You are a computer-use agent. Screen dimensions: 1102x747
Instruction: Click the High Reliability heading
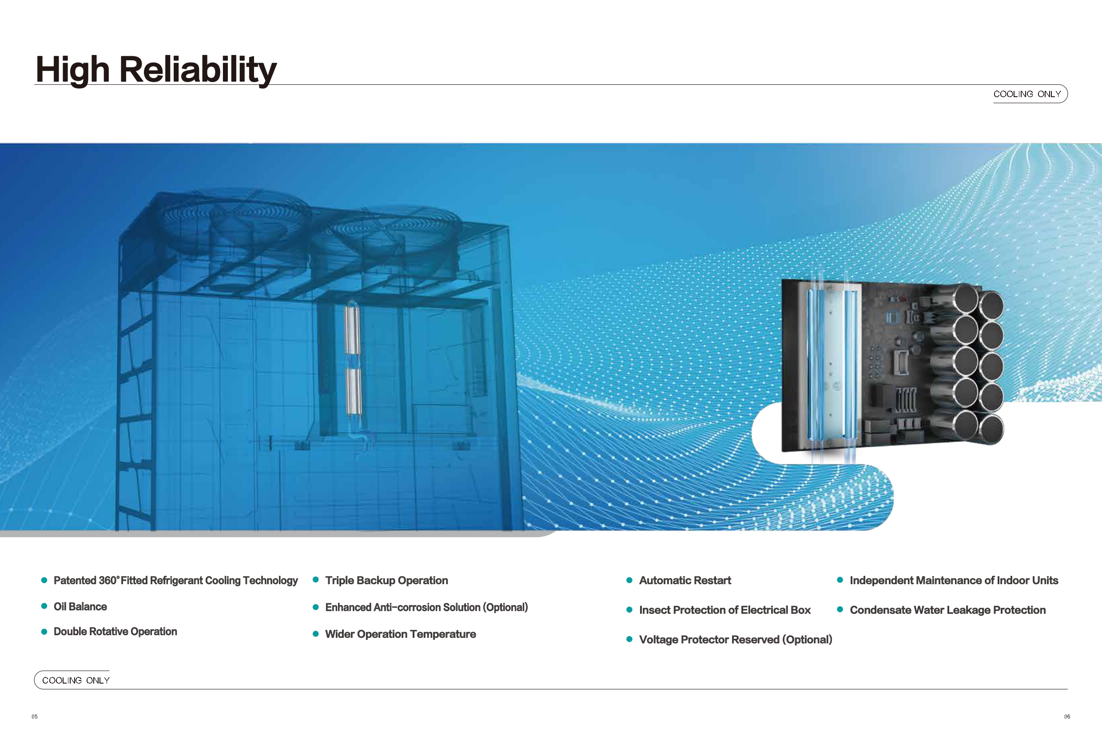click(x=156, y=70)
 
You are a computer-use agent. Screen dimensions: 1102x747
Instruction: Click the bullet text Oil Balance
click(x=80, y=606)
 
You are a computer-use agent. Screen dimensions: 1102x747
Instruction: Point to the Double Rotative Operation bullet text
click(x=115, y=631)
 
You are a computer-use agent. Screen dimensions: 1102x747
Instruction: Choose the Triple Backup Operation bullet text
click(x=386, y=580)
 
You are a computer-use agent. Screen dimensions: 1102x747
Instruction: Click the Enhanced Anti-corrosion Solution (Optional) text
click(x=426, y=607)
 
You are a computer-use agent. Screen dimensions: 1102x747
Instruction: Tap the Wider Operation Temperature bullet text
click(x=400, y=634)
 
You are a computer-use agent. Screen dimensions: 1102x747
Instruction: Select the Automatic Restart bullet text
click(x=685, y=580)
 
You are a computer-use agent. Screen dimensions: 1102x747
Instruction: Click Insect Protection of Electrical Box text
click(x=724, y=609)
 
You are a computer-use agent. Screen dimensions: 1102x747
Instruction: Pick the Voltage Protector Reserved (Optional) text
click(x=736, y=640)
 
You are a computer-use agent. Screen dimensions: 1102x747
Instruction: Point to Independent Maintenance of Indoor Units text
click(x=954, y=580)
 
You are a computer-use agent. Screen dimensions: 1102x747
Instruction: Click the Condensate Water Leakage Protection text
click(x=947, y=609)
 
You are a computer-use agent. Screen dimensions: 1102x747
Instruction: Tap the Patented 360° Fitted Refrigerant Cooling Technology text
click(x=175, y=580)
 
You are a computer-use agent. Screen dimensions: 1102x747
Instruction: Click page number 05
click(x=35, y=716)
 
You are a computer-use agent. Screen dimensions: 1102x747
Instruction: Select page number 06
click(x=1067, y=716)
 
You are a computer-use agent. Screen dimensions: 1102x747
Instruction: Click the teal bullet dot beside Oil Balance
click(x=44, y=606)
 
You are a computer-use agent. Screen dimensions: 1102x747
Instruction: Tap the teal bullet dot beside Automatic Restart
click(x=629, y=580)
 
